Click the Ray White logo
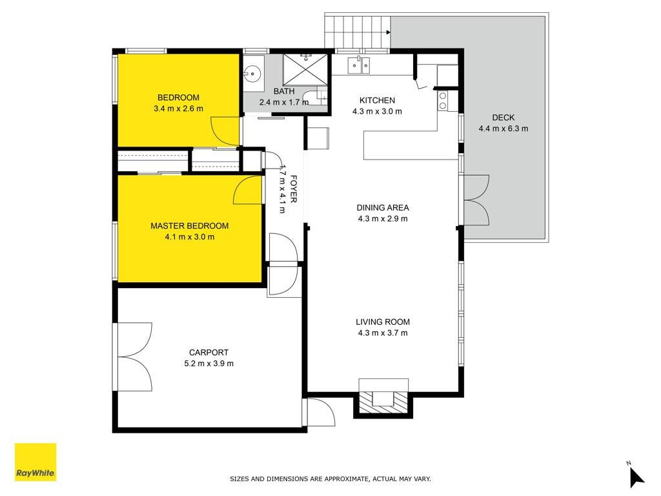(x=36, y=462)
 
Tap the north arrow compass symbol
(x=636, y=476)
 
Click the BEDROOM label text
(x=178, y=98)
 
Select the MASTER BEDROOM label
(x=190, y=225)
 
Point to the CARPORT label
(x=208, y=352)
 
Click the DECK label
(x=503, y=118)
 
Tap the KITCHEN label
(x=377, y=100)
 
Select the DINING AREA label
(x=383, y=207)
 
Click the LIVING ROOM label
(x=383, y=322)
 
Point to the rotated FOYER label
(x=294, y=189)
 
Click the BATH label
(x=284, y=91)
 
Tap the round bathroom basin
(x=252, y=74)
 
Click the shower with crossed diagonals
(x=305, y=70)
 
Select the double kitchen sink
(x=359, y=65)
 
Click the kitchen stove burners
(x=443, y=100)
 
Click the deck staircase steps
(x=358, y=32)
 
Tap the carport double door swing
(x=135, y=356)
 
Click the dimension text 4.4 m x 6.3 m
(x=503, y=129)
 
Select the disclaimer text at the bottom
(x=330, y=479)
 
